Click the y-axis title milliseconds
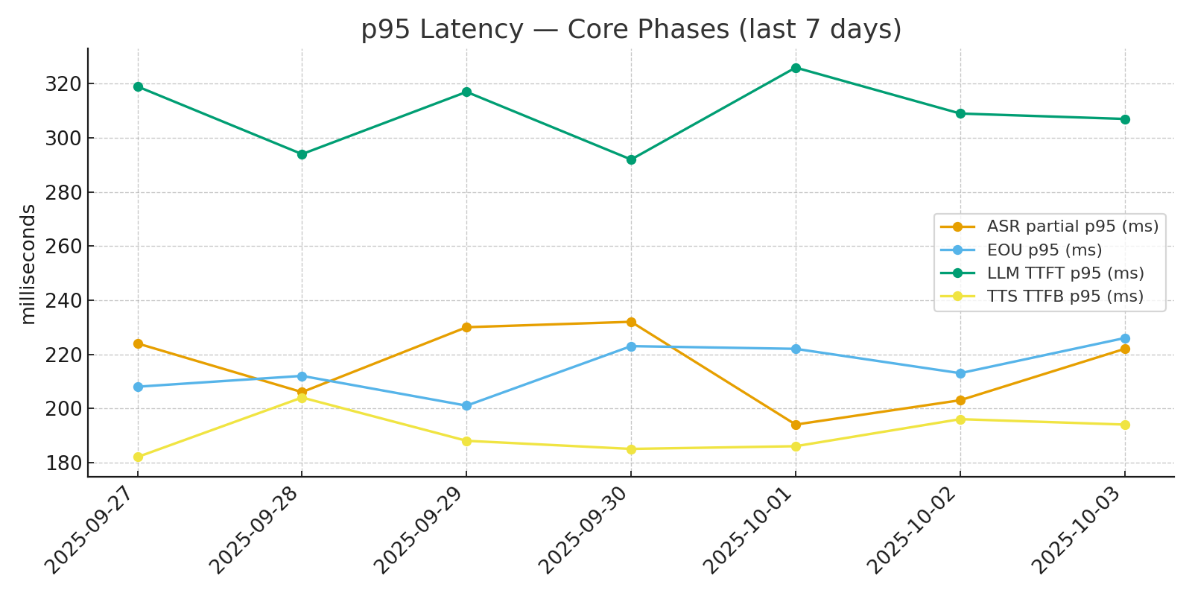click(28, 264)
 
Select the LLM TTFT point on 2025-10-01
click(796, 68)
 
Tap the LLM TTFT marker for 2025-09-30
click(631, 159)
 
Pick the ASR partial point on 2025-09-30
click(631, 322)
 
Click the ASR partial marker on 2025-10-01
click(796, 425)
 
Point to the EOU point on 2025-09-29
click(466, 406)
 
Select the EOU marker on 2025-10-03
click(1125, 338)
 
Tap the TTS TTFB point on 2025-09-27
click(138, 457)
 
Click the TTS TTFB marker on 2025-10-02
click(960, 419)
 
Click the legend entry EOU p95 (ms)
click(1044, 250)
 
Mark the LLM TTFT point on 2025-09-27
click(138, 86)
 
